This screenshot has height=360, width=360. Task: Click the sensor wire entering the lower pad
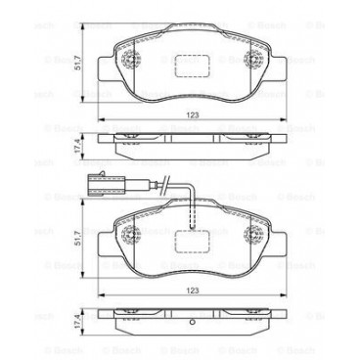coord(192,201)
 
